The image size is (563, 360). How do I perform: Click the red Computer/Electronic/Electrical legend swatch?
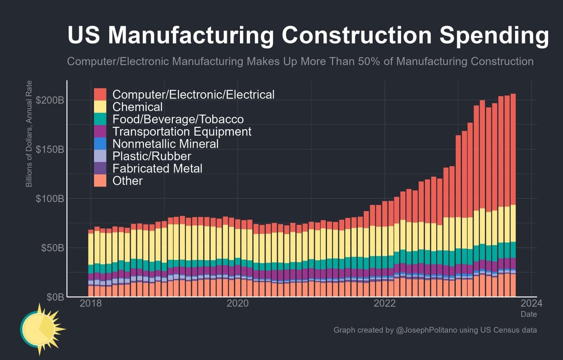[x=100, y=94]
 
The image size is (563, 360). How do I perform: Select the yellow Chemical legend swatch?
[x=100, y=106]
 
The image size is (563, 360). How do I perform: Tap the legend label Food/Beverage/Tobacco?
[x=178, y=119]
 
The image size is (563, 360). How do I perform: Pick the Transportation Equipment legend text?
[x=182, y=131]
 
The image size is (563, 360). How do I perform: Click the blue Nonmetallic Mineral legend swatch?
[x=100, y=143]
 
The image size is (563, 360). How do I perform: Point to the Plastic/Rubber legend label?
[x=152, y=156]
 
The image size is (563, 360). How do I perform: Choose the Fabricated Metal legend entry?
[x=157, y=168]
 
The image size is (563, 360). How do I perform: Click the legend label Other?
[x=127, y=180]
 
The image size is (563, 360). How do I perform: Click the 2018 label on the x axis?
[x=91, y=303]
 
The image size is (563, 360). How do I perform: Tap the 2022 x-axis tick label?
[x=385, y=303]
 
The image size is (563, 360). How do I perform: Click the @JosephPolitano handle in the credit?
[x=428, y=330]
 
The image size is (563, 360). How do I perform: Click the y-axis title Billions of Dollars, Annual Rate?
[x=29, y=140]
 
